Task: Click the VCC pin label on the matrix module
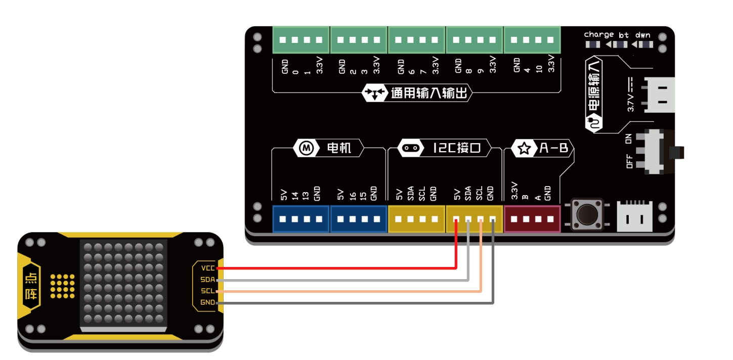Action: tap(207, 268)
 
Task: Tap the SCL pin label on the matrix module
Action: tap(207, 291)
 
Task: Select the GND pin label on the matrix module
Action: tap(207, 302)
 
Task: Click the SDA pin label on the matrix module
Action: tap(207, 279)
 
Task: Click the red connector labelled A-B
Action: tap(533, 219)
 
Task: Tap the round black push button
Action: tap(587, 214)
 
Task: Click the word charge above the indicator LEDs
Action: tap(598, 35)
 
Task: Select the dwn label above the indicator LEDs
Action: tap(643, 35)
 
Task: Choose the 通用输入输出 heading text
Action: tap(430, 93)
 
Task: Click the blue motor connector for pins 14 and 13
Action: tap(301, 219)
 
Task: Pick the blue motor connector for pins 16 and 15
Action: tap(359, 219)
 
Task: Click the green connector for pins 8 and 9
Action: tap(474, 40)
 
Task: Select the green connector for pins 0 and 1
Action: tap(301, 40)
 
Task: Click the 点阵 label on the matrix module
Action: tap(31, 286)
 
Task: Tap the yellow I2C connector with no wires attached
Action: tap(416, 219)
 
